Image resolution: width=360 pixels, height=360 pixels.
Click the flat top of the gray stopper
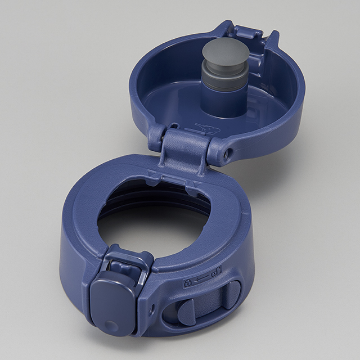pyautogui.click(x=226, y=54)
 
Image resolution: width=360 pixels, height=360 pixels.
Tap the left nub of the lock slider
pyautogui.click(x=186, y=309)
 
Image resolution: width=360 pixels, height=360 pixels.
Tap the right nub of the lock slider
pyautogui.click(x=231, y=293)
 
